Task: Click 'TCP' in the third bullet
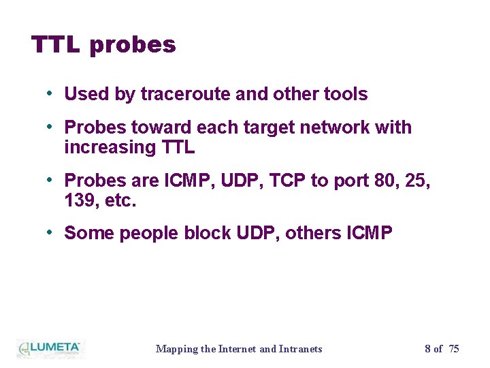290,181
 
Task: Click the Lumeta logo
49,348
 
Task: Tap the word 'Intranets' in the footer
301,349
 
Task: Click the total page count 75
454,349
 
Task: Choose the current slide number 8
427,349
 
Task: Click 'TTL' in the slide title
56,45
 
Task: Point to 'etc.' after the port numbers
122,200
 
